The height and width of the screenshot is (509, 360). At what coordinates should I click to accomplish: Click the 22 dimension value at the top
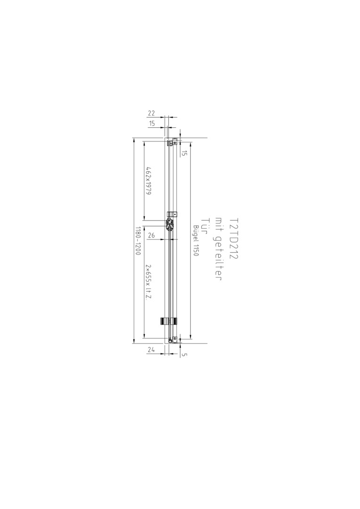pos(152,113)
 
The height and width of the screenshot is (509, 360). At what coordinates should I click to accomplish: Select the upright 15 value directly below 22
pos(152,123)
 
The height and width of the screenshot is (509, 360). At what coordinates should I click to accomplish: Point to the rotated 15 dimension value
pos(184,153)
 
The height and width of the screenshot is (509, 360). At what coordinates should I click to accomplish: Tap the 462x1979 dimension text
pos(149,181)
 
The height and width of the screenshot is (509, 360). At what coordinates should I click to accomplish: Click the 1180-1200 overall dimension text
pos(138,240)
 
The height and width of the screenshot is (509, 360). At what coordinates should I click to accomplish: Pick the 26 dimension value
pos(152,236)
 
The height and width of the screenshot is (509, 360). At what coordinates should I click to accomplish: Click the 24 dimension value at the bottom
pos(151,350)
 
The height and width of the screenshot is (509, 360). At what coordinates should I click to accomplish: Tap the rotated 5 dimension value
pos(184,355)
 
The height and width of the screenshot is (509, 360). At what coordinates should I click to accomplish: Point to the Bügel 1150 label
pos(196,240)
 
